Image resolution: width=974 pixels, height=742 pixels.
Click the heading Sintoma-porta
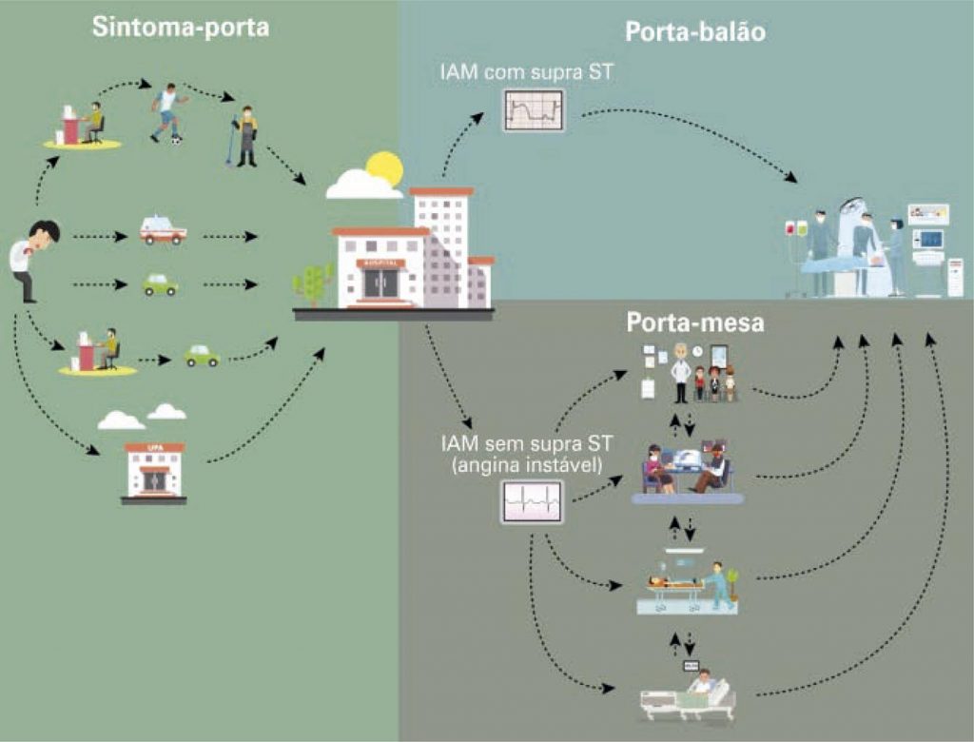(x=181, y=27)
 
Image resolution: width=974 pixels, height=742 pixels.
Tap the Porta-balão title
(x=695, y=32)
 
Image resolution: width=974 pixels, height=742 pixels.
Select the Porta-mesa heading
(x=695, y=323)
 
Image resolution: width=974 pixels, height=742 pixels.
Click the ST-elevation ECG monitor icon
(x=534, y=110)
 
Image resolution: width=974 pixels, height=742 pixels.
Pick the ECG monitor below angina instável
(x=532, y=501)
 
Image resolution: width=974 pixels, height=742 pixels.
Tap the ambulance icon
(x=163, y=231)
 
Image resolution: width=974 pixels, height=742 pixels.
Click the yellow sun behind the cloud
(x=385, y=168)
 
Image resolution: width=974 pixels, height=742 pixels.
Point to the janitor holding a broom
(x=245, y=136)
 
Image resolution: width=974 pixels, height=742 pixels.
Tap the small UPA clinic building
(x=154, y=471)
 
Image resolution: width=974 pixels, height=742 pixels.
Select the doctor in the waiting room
(x=680, y=373)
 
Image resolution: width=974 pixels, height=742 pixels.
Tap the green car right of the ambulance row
(x=161, y=284)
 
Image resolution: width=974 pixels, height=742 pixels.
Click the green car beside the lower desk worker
(x=202, y=356)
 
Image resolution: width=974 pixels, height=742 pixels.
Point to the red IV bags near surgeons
(x=796, y=228)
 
